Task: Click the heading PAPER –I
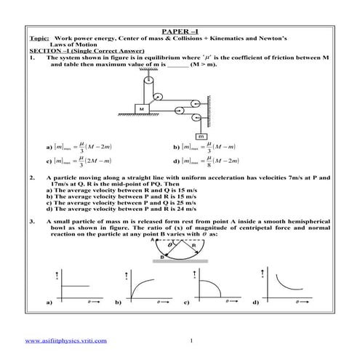coord(180,33)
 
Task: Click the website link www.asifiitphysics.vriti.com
coord(66,340)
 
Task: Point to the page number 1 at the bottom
coord(190,340)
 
